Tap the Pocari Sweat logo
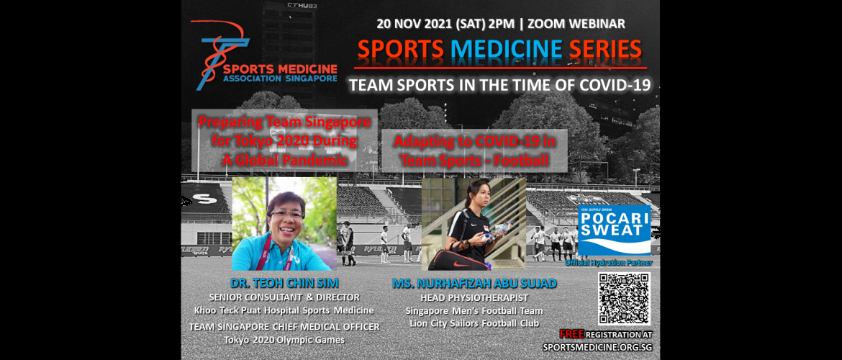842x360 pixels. pos(614,230)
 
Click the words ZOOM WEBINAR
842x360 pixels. pos(575,23)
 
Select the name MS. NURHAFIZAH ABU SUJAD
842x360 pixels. pos(474,284)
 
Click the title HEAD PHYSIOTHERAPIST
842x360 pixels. pos(474,297)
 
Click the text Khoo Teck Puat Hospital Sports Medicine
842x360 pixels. pos(284,310)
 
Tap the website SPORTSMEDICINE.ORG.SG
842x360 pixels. pos(597,347)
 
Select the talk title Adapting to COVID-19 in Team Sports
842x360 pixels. pos(474,150)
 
